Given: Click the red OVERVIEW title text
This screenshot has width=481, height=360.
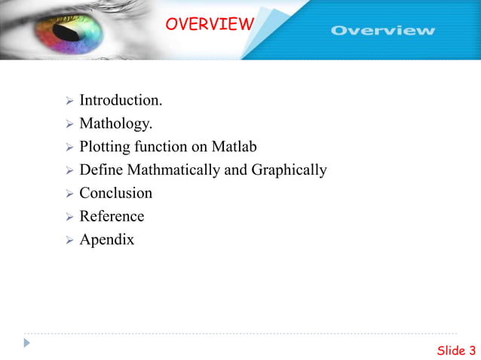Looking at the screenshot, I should click(x=209, y=24).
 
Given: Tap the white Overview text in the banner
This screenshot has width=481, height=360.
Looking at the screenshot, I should click(x=383, y=31).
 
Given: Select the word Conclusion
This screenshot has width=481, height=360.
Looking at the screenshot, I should click(x=115, y=194).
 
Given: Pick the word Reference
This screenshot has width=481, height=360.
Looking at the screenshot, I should click(x=112, y=217).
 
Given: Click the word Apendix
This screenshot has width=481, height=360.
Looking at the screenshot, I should click(x=106, y=240).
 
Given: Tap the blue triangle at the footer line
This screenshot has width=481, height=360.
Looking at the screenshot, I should click(x=27, y=343).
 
